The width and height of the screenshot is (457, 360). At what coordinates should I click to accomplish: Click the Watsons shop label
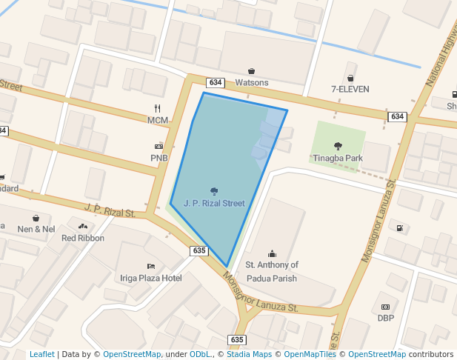(252, 82)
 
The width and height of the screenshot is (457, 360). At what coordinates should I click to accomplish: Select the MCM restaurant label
(158, 120)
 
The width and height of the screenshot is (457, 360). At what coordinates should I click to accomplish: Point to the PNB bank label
(159, 158)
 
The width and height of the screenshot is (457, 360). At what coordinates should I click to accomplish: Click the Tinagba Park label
(337, 158)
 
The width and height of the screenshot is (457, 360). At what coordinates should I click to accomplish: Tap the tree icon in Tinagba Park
(338, 146)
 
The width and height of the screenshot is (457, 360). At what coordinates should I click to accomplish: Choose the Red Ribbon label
(83, 238)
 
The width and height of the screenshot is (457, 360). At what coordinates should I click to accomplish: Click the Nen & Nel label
(37, 229)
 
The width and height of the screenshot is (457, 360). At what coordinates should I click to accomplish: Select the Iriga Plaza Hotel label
(150, 278)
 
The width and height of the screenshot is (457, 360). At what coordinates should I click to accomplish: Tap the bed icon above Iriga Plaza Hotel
(151, 266)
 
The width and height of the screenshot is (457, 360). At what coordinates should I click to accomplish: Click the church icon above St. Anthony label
(271, 253)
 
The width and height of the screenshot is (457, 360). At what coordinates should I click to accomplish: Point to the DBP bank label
(385, 318)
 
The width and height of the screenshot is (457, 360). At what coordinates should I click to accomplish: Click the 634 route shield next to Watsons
(216, 82)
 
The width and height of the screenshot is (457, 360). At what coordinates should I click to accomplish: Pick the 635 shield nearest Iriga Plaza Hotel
(199, 251)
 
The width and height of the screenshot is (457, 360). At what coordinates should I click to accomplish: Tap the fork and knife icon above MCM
(158, 108)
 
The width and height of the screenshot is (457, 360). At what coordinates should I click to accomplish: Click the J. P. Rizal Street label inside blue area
(214, 202)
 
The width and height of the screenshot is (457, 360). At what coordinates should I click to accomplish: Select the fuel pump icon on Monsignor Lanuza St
(400, 228)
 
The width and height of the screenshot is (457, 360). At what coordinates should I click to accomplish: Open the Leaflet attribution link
(41, 354)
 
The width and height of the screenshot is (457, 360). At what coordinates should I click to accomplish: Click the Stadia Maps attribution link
(249, 354)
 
